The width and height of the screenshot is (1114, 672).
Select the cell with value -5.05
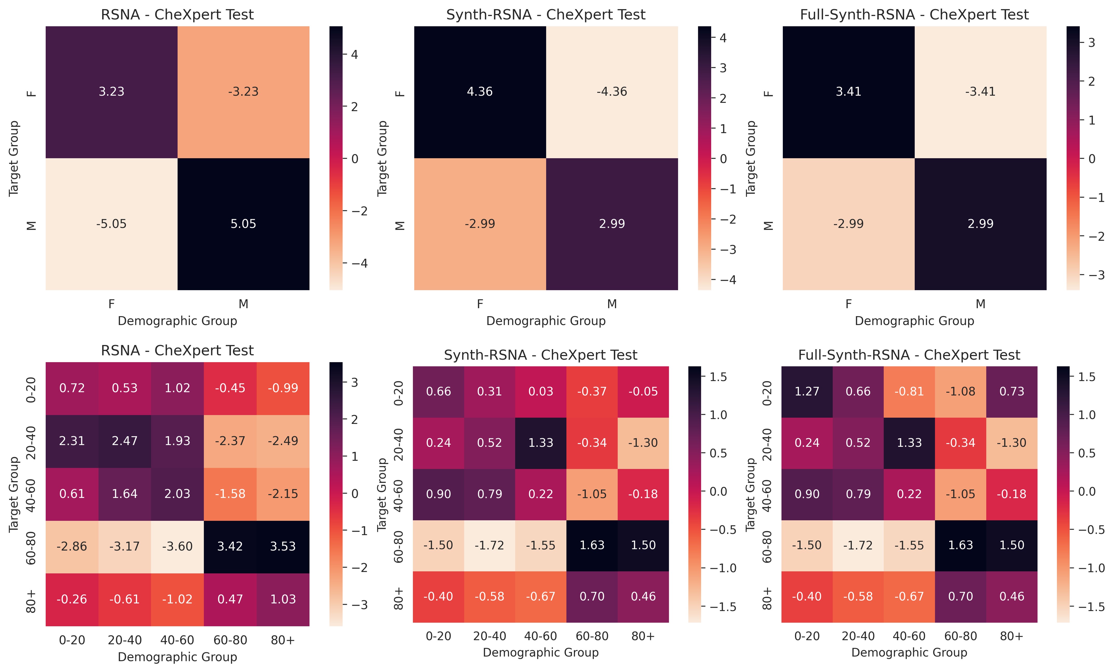(x=111, y=224)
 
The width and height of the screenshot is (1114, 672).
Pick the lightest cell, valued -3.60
(x=177, y=546)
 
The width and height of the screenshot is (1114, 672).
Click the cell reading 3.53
(x=283, y=546)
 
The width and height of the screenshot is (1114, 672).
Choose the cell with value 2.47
(x=125, y=441)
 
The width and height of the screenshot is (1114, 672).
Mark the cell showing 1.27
(x=807, y=391)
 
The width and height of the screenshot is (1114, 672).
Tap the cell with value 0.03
(x=541, y=391)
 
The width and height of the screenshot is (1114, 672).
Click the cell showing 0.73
(x=1012, y=391)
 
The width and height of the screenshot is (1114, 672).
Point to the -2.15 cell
(x=283, y=494)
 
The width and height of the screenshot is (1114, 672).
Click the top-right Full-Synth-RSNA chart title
(x=914, y=15)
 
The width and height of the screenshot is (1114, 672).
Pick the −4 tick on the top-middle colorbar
(x=728, y=280)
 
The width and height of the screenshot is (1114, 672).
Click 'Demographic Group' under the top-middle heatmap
(x=546, y=321)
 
